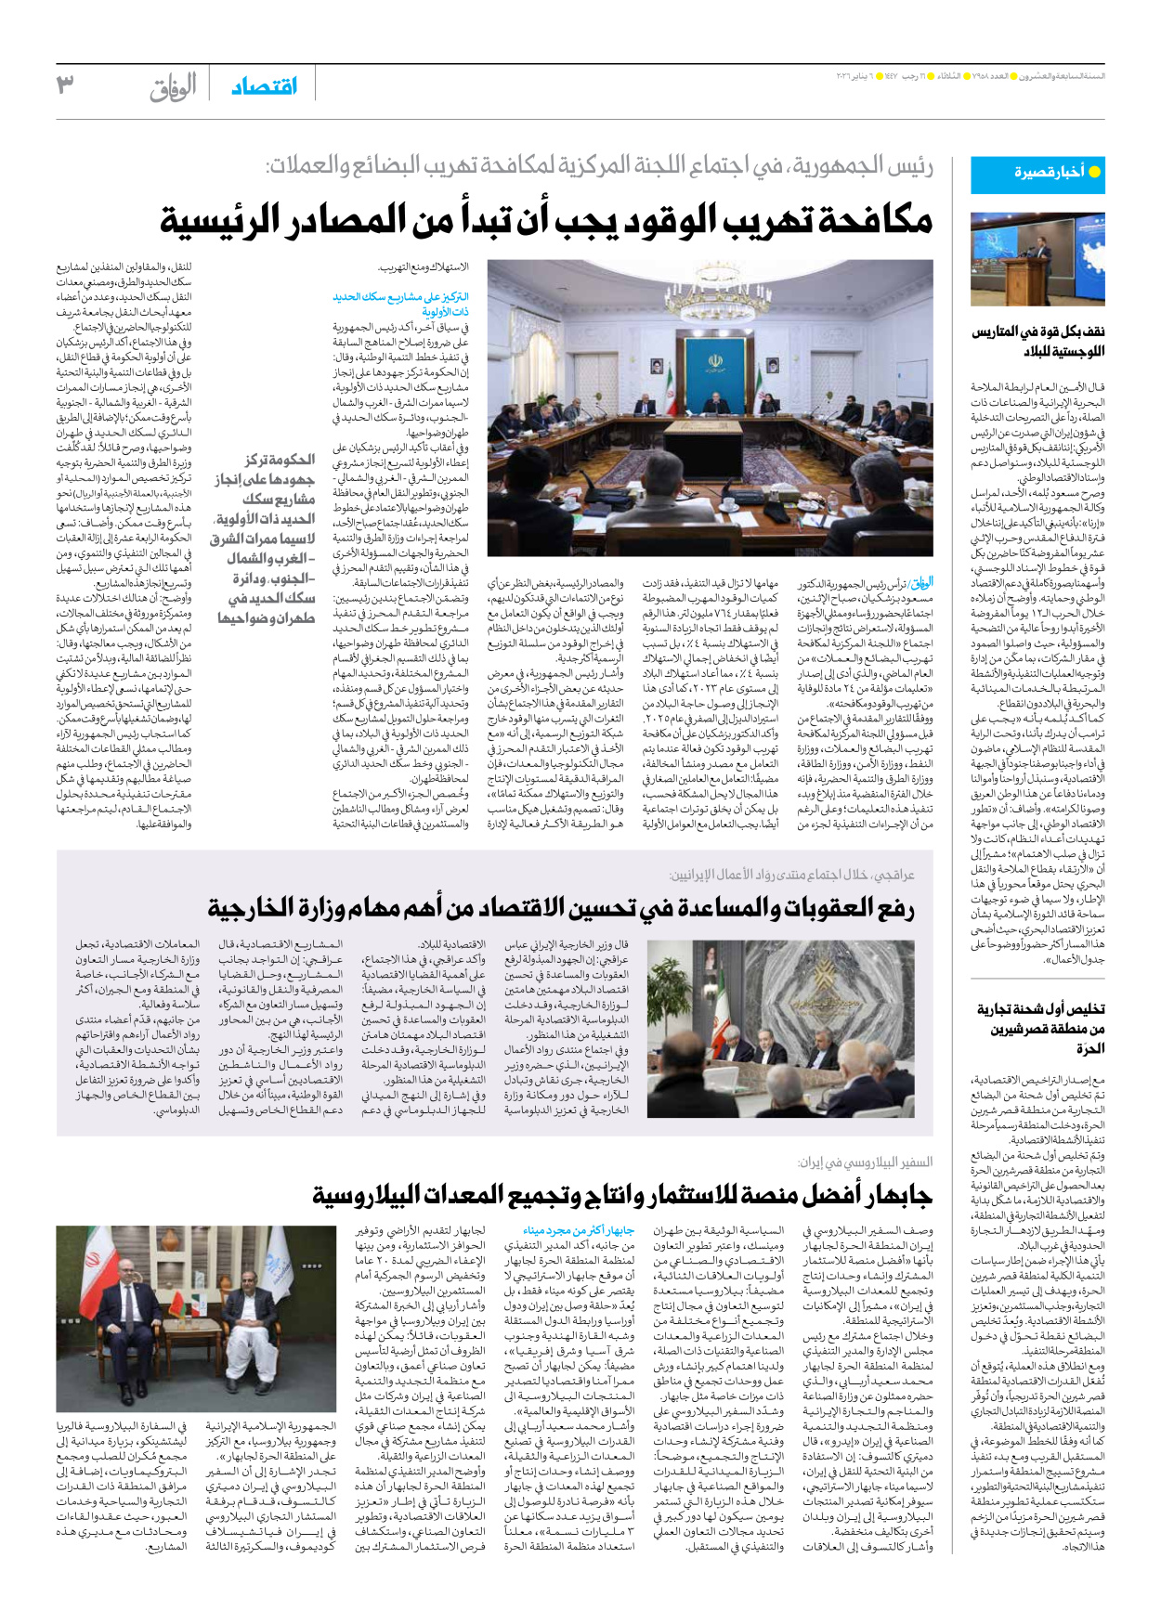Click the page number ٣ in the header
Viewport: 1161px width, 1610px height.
[x=64, y=86]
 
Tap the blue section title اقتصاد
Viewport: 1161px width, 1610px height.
[x=264, y=86]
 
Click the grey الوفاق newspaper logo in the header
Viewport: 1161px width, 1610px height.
[x=174, y=87]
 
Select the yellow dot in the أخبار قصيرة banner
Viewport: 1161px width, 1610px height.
[x=1093, y=172]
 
